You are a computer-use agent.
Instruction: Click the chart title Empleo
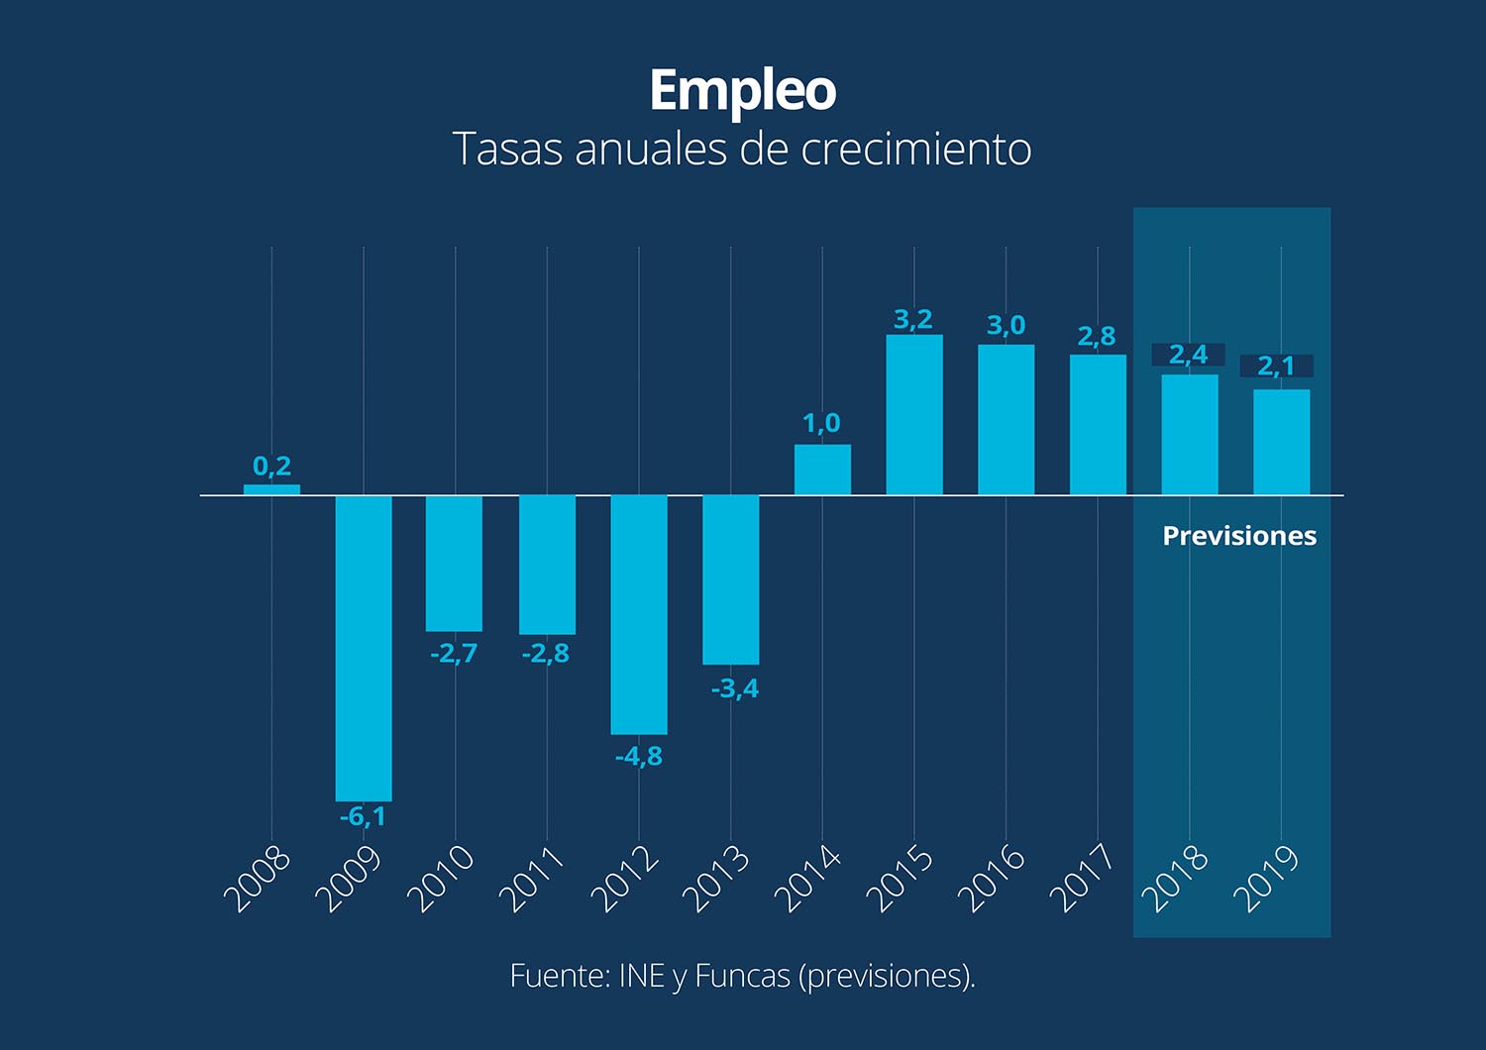coord(742,91)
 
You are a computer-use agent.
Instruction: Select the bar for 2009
coord(364,648)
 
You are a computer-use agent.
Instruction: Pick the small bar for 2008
coord(271,489)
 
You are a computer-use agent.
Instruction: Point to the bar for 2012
coord(639,614)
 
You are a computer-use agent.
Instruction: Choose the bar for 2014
coord(822,470)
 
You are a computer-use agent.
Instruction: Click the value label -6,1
coord(363,817)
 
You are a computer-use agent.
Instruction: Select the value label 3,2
coord(913,319)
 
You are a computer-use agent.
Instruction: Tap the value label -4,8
coord(639,757)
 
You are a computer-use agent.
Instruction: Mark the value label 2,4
coord(1189,355)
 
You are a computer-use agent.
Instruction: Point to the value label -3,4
coord(735,688)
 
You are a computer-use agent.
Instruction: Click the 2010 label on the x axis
coord(441,878)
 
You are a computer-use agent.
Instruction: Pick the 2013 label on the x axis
coord(716,878)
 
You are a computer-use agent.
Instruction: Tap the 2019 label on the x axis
coord(1266,878)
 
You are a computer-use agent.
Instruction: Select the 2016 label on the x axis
coord(992,878)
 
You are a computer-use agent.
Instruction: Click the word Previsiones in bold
coord(1239,536)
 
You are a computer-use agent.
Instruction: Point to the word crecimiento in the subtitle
coord(916,149)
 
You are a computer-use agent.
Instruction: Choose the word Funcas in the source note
coord(742,976)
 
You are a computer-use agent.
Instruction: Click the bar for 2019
coord(1281,442)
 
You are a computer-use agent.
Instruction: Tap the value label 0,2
coord(271,466)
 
